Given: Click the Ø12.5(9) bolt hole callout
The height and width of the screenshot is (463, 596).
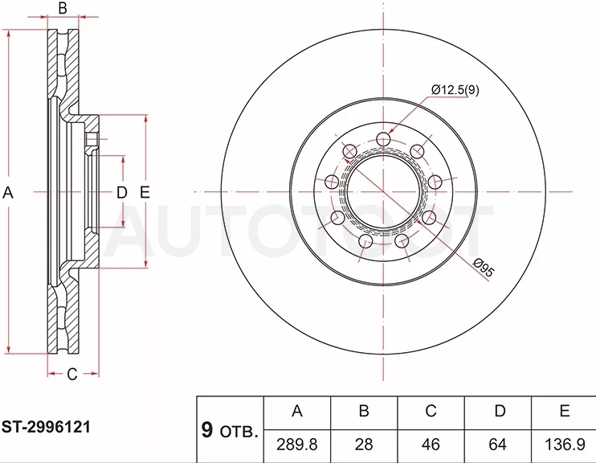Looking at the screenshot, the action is (455, 90).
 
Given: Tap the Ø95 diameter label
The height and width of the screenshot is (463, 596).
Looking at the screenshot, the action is (484, 268).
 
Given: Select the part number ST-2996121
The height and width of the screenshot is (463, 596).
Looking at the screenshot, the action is (46, 428).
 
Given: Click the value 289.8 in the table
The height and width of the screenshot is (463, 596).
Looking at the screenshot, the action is (297, 445).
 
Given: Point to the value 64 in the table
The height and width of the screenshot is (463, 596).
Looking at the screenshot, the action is (497, 445).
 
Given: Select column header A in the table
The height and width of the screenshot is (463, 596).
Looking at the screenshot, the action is (297, 411).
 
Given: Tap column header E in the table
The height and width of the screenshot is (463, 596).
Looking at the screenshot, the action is (565, 411).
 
